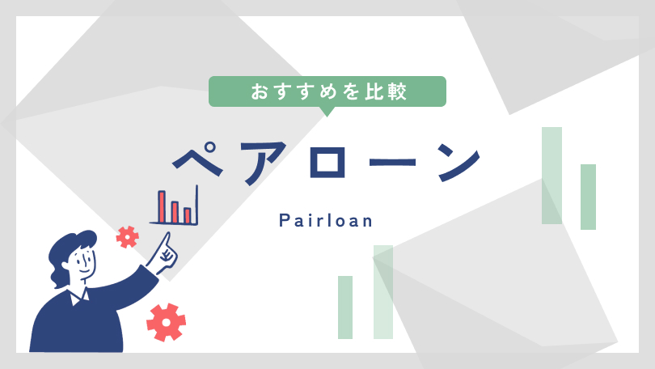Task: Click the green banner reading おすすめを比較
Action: click(327, 91)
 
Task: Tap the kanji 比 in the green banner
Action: click(374, 91)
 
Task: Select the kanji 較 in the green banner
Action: click(397, 91)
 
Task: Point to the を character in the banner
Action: click(351, 91)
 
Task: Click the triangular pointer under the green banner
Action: click(327, 112)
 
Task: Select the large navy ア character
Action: click(264, 162)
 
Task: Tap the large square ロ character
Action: click(328, 162)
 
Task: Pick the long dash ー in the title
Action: click(393, 162)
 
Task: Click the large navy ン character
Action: click(458, 162)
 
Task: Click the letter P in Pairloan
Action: click(284, 220)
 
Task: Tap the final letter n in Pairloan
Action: click(367, 222)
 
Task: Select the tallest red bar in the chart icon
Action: click(162, 206)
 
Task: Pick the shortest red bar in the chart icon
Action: click(188, 215)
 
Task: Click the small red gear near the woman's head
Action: click(128, 237)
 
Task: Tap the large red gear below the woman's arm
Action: click(167, 322)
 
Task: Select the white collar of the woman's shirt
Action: click(79, 296)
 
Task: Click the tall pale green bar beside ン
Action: click(551, 176)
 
